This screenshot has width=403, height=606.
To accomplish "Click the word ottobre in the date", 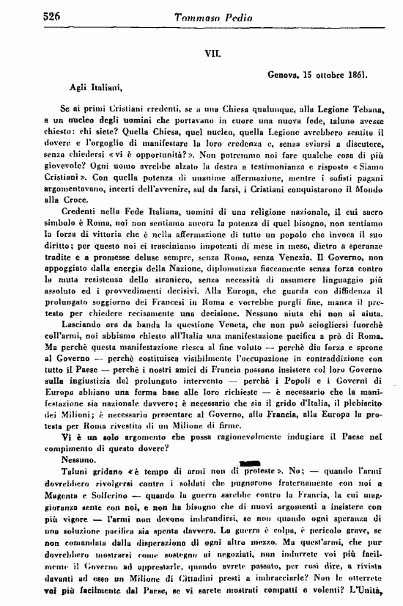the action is click(x=325, y=74).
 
